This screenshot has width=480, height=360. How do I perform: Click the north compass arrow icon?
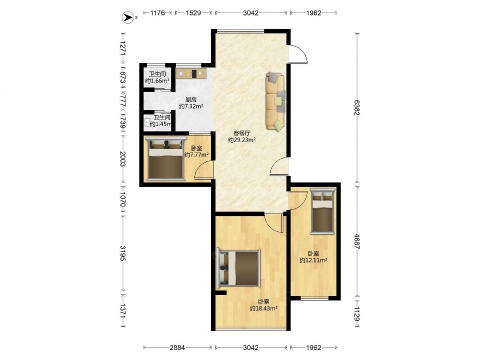pyautogui.click(x=128, y=17)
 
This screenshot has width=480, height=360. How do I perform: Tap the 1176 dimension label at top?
pyautogui.click(x=157, y=13)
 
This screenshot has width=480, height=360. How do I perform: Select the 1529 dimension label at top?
pyautogui.click(x=193, y=13)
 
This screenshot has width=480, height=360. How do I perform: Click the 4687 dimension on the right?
pyautogui.click(x=357, y=241)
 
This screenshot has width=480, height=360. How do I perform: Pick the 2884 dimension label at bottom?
pyautogui.click(x=177, y=348)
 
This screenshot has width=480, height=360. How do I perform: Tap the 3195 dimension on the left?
pyautogui.click(x=122, y=253)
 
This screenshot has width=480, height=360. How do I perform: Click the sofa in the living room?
pyautogui.click(x=276, y=101)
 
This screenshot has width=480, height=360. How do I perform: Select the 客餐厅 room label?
pyautogui.click(x=242, y=133)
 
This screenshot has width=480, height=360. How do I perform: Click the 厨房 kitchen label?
pyautogui.click(x=191, y=100)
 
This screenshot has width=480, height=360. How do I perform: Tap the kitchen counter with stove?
pyautogui.click(x=192, y=73)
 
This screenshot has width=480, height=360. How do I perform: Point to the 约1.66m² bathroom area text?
pyautogui.click(x=157, y=81)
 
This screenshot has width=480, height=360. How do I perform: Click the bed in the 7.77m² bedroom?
pyautogui.click(x=166, y=159)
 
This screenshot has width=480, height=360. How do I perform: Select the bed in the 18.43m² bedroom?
pyautogui.click(x=239, y=268)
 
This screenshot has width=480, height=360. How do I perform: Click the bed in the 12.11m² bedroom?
pyautogui.click(x=323, y=211)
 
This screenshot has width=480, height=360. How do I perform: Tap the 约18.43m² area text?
pyautogui.click(x=264, y=308)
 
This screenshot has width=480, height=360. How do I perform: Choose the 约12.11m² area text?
pyautogui.click(x=313, y=260)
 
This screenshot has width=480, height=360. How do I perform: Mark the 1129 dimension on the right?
pyautogui.click(x=357, y=314)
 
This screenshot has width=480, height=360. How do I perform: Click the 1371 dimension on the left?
pyautogui.click(x=122, y=311)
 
